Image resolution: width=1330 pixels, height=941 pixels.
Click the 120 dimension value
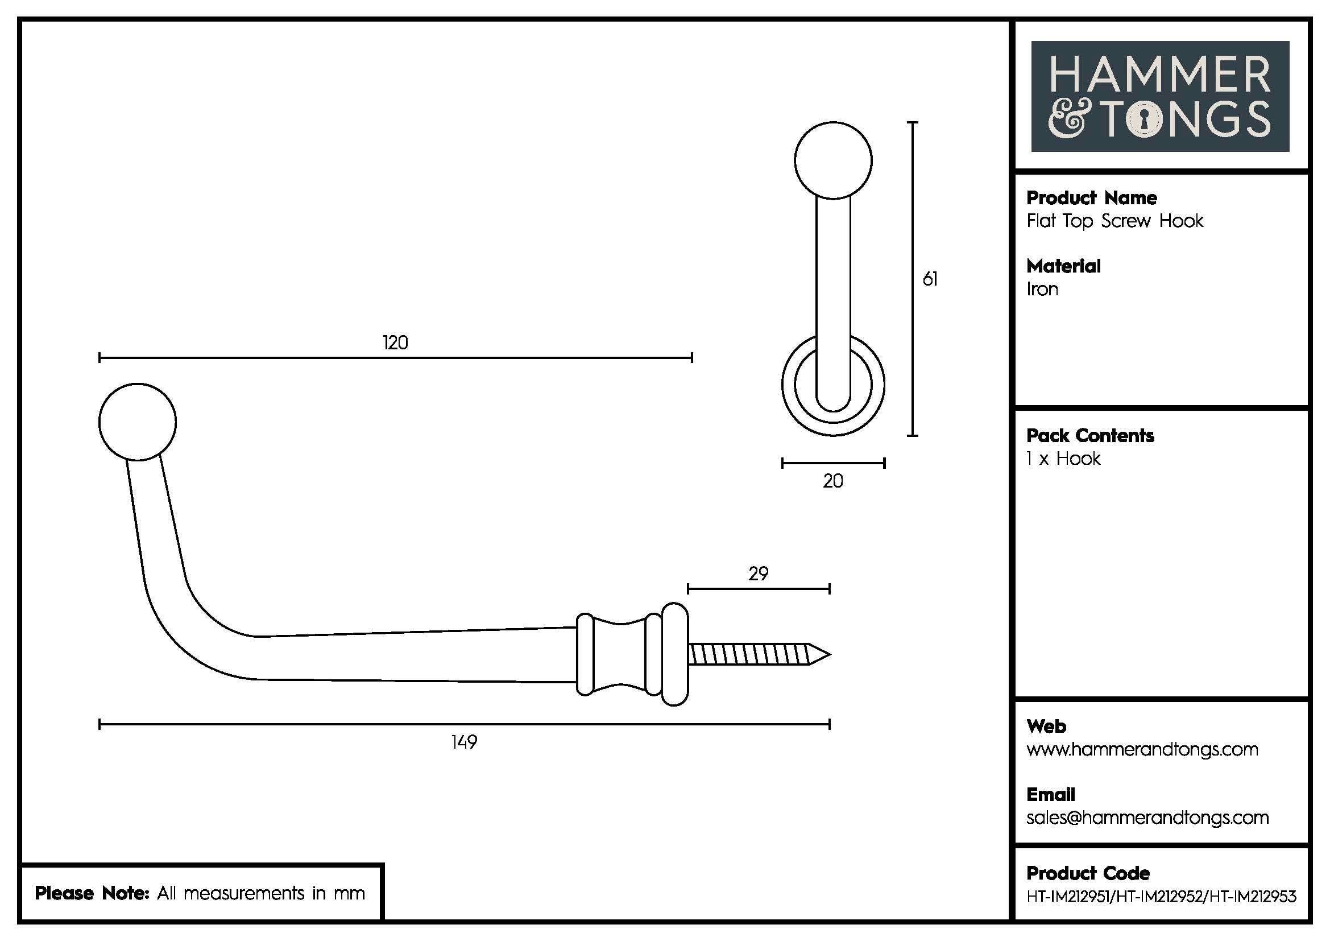point(395,342)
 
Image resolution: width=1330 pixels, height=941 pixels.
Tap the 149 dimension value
point(464,742)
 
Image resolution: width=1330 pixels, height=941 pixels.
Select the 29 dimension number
point(759,573)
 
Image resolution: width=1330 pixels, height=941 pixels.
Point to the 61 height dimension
point(930,279)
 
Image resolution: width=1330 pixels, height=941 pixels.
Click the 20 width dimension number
point(833,481)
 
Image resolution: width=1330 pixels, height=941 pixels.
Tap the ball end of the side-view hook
point(137,421)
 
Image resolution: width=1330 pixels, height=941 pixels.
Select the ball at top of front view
point(833,160)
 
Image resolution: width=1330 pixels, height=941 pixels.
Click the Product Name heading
point(1091,198)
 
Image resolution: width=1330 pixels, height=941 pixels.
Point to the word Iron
point(1042,289)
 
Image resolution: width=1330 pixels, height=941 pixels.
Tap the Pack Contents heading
point(1089,436)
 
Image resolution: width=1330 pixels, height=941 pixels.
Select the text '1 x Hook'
point(1063,459)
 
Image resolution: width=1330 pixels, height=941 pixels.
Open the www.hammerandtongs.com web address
point(1142,749)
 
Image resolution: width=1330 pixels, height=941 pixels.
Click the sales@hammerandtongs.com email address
point(1147,818)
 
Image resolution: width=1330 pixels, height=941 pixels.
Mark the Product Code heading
point(1088,873)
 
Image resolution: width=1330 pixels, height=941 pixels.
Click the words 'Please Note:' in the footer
point(92,893)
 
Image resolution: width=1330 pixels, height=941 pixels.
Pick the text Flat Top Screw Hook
point(1114,221)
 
